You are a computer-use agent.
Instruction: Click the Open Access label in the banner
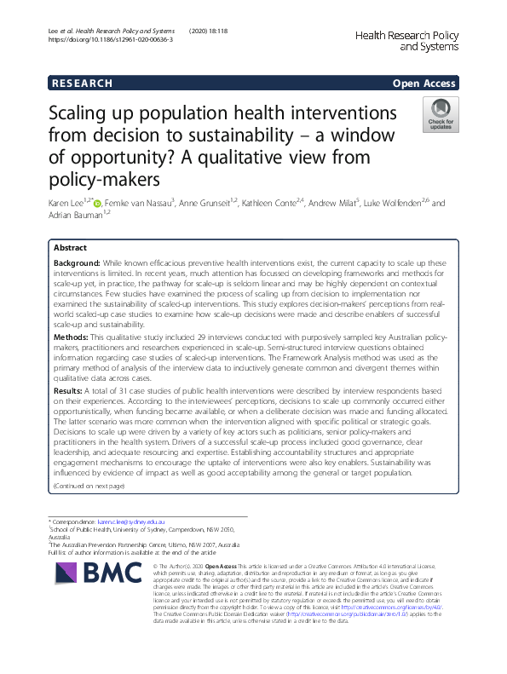(424, 83)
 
